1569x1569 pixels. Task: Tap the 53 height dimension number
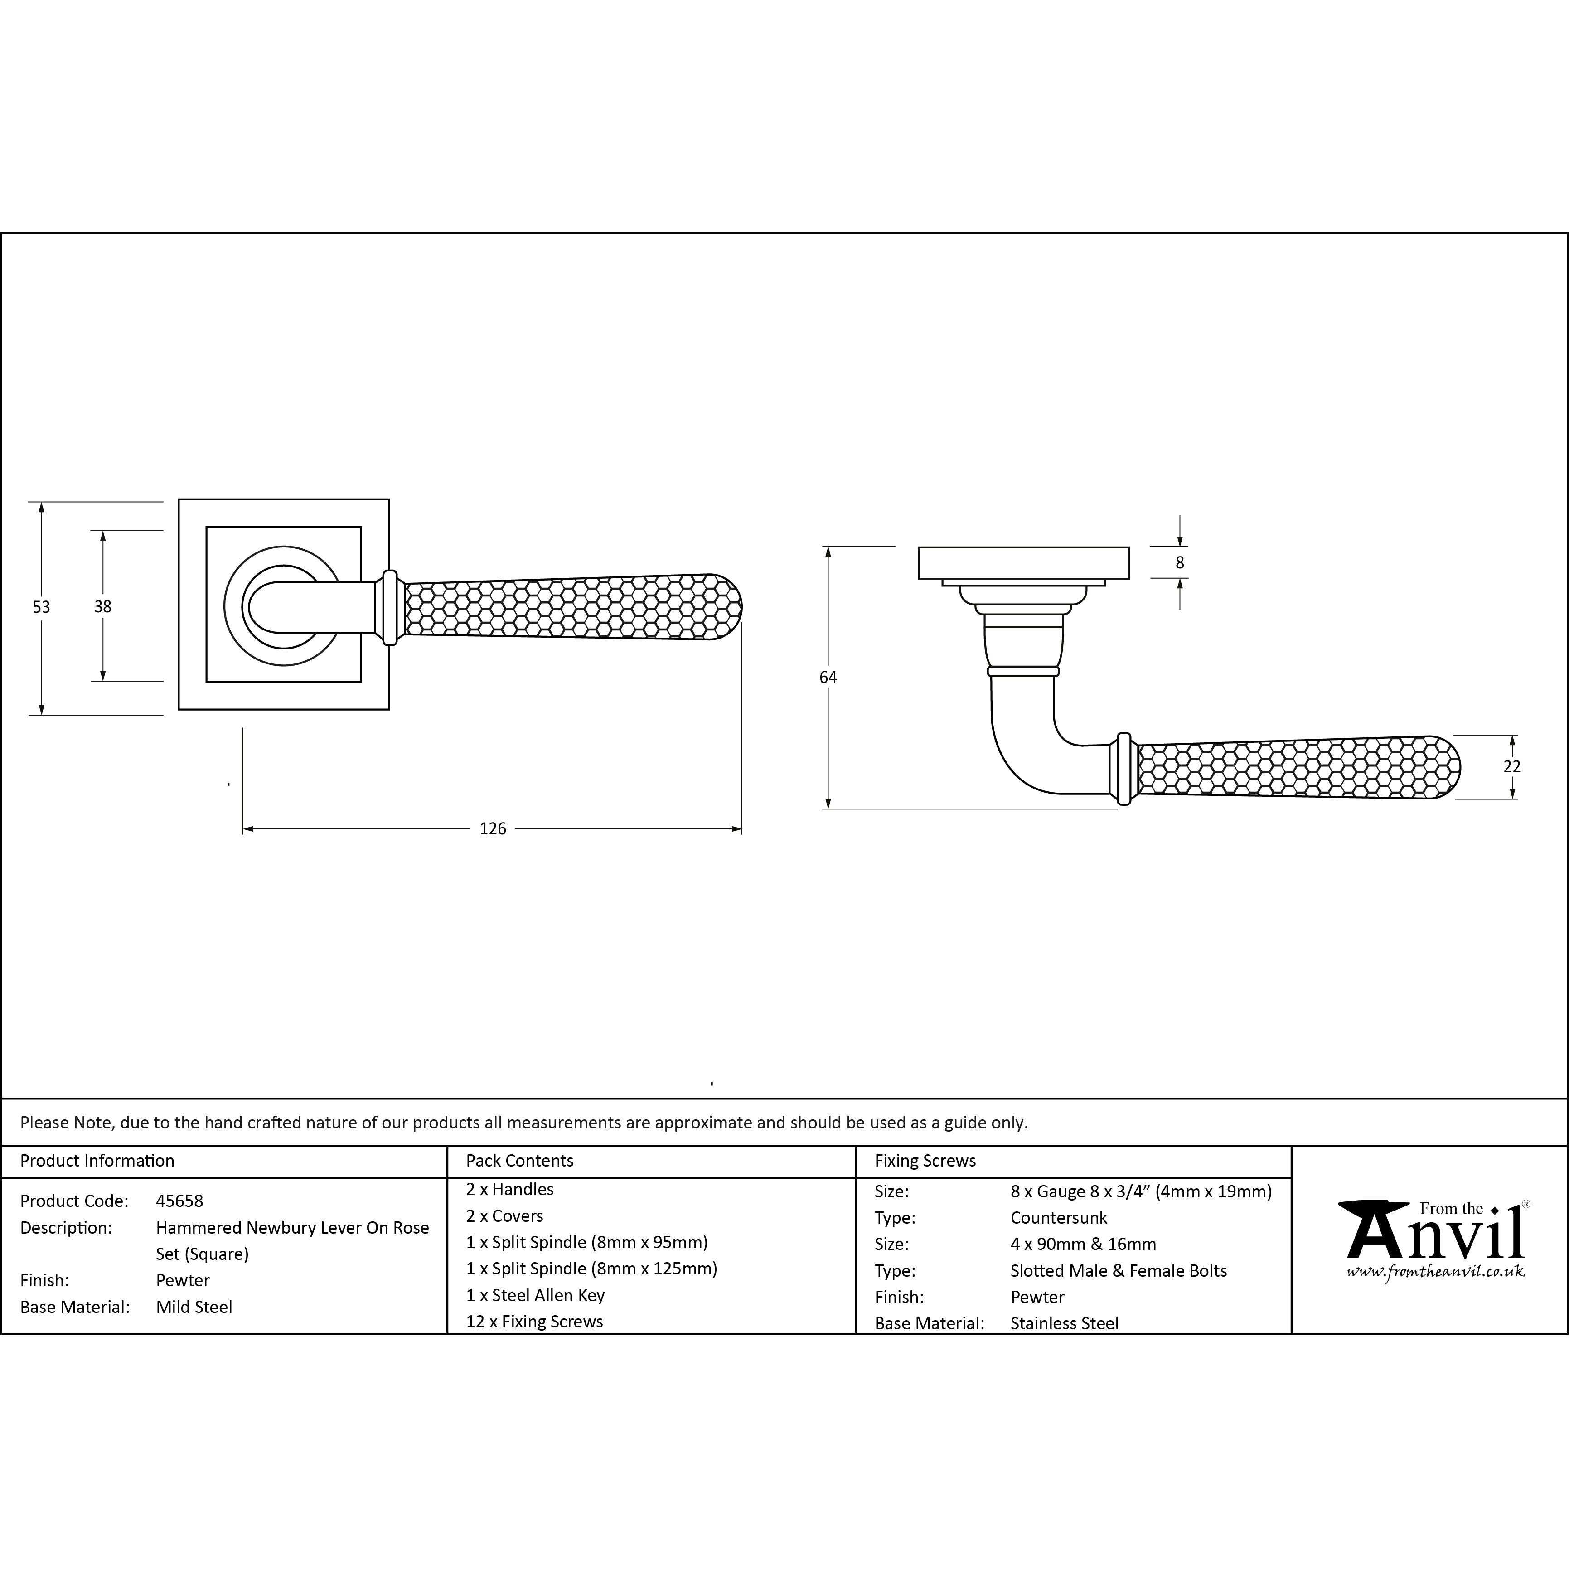41,607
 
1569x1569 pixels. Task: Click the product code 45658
179,1201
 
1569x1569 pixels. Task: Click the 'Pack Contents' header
520,1161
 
